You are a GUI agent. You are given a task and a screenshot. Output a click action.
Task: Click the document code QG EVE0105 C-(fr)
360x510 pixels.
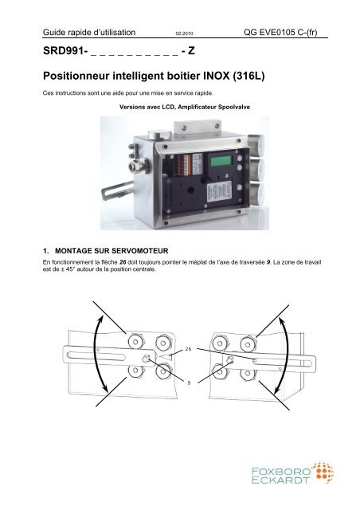(x=280, y=32)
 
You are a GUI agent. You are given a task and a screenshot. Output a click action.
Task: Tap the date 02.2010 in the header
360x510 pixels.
(x=184, y=33)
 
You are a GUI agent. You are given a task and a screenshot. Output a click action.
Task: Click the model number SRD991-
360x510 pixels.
(x=65, y=51)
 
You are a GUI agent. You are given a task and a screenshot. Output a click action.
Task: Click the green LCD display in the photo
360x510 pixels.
(x=221, y=161)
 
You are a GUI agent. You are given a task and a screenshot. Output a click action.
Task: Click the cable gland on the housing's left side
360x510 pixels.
(x=139, y=165)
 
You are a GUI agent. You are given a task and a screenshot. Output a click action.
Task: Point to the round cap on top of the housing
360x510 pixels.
(x=159, y=135)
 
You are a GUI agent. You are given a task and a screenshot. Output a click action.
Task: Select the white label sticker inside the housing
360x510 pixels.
(x=219, y=192)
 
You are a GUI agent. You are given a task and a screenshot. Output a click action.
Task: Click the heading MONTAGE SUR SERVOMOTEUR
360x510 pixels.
(x=112, y=251)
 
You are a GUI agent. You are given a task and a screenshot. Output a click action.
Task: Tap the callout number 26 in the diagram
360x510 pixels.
(x=188, y=349)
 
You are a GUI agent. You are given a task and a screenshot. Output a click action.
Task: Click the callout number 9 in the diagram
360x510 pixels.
(x=189, y=382)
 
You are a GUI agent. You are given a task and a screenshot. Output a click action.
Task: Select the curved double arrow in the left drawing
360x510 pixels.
(x=96, y=354)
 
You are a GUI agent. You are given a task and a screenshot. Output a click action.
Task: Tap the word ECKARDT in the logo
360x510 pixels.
(x=280, y=480)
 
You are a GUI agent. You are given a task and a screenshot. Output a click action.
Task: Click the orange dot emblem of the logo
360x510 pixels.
(x=322, y=472)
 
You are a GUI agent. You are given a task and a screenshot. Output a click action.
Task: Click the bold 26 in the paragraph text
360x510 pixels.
(x=123, y=262)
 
